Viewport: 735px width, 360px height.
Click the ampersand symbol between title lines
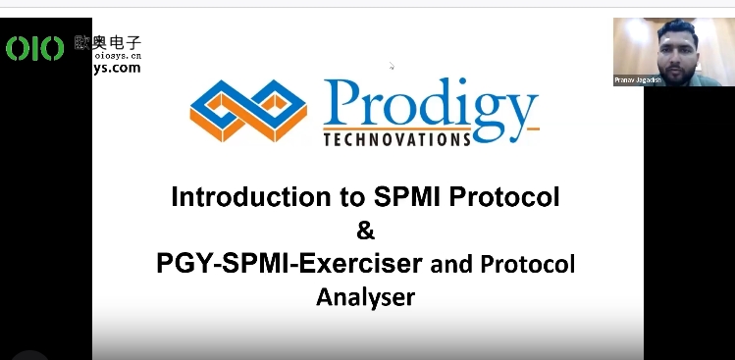click(365, 231)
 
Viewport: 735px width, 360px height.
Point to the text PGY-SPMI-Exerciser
click(289, 264)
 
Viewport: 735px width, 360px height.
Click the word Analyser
click(365, 296)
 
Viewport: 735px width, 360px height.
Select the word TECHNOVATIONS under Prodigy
click(395, 139)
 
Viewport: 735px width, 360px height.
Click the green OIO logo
click(34, 48)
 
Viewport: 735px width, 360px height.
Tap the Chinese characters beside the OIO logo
click(108, 43)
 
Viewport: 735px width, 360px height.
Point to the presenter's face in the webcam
click(676, 55)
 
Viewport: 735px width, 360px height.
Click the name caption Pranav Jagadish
click(640, 80)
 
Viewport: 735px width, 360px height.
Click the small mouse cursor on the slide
click(392, 67)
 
